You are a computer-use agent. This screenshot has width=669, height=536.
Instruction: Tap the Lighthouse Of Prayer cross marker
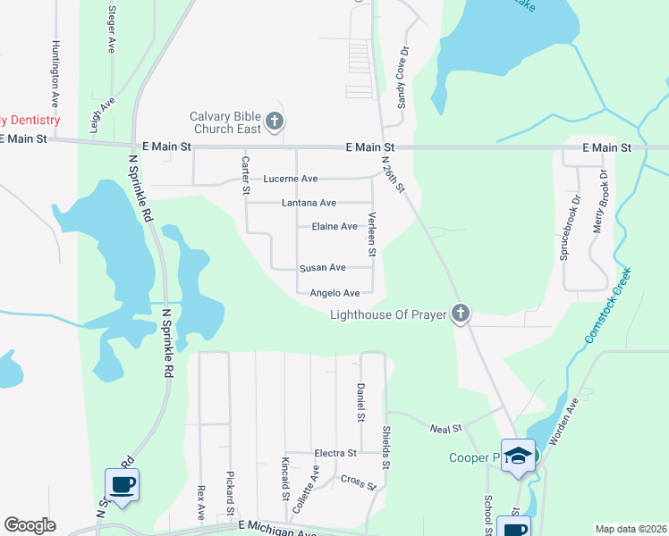[460, 314]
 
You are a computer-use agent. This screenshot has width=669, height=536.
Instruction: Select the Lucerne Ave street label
[290, 179]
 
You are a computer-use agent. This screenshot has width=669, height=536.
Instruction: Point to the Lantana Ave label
[309, 203]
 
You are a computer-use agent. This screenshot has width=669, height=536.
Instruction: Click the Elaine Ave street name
[334, 227]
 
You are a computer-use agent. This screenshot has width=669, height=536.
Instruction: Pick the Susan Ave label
[322, 268]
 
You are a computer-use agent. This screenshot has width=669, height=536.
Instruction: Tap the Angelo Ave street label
[334, 293]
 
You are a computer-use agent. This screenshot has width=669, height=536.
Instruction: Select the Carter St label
[245, 175]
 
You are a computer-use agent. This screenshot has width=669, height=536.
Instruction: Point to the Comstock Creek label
[608, 305]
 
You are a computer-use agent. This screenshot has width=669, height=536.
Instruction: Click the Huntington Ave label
[55, 73]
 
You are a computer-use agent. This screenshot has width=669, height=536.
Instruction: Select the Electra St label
[334, 454]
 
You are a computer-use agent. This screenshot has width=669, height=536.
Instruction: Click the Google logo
[30, 525]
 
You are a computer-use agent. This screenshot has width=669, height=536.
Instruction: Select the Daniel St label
[360, 403]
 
